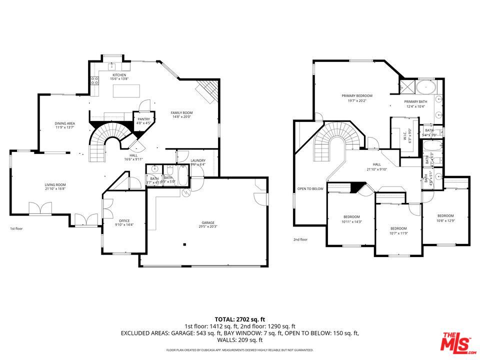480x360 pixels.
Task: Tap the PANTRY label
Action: click(144, 119)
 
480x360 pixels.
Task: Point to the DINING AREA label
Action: click(65, 123)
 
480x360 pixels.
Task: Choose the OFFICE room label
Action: click(124, 220)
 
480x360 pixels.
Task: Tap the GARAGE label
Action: click(208, 222)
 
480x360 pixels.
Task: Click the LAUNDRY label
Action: click(198, 160)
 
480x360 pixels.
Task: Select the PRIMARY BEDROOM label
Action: click(357, 96)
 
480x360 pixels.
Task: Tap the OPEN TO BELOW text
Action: click(310, 188)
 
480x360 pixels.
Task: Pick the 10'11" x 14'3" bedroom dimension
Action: click(351, 221)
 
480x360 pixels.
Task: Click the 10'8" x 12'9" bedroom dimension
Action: click(445, 220)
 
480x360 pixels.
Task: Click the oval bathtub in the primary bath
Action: click(425, 87)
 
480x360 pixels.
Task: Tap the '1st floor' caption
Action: click(16, 228)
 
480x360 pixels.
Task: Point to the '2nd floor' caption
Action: click(300, 239)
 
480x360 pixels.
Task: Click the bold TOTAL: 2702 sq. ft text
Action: click(239, 318)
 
